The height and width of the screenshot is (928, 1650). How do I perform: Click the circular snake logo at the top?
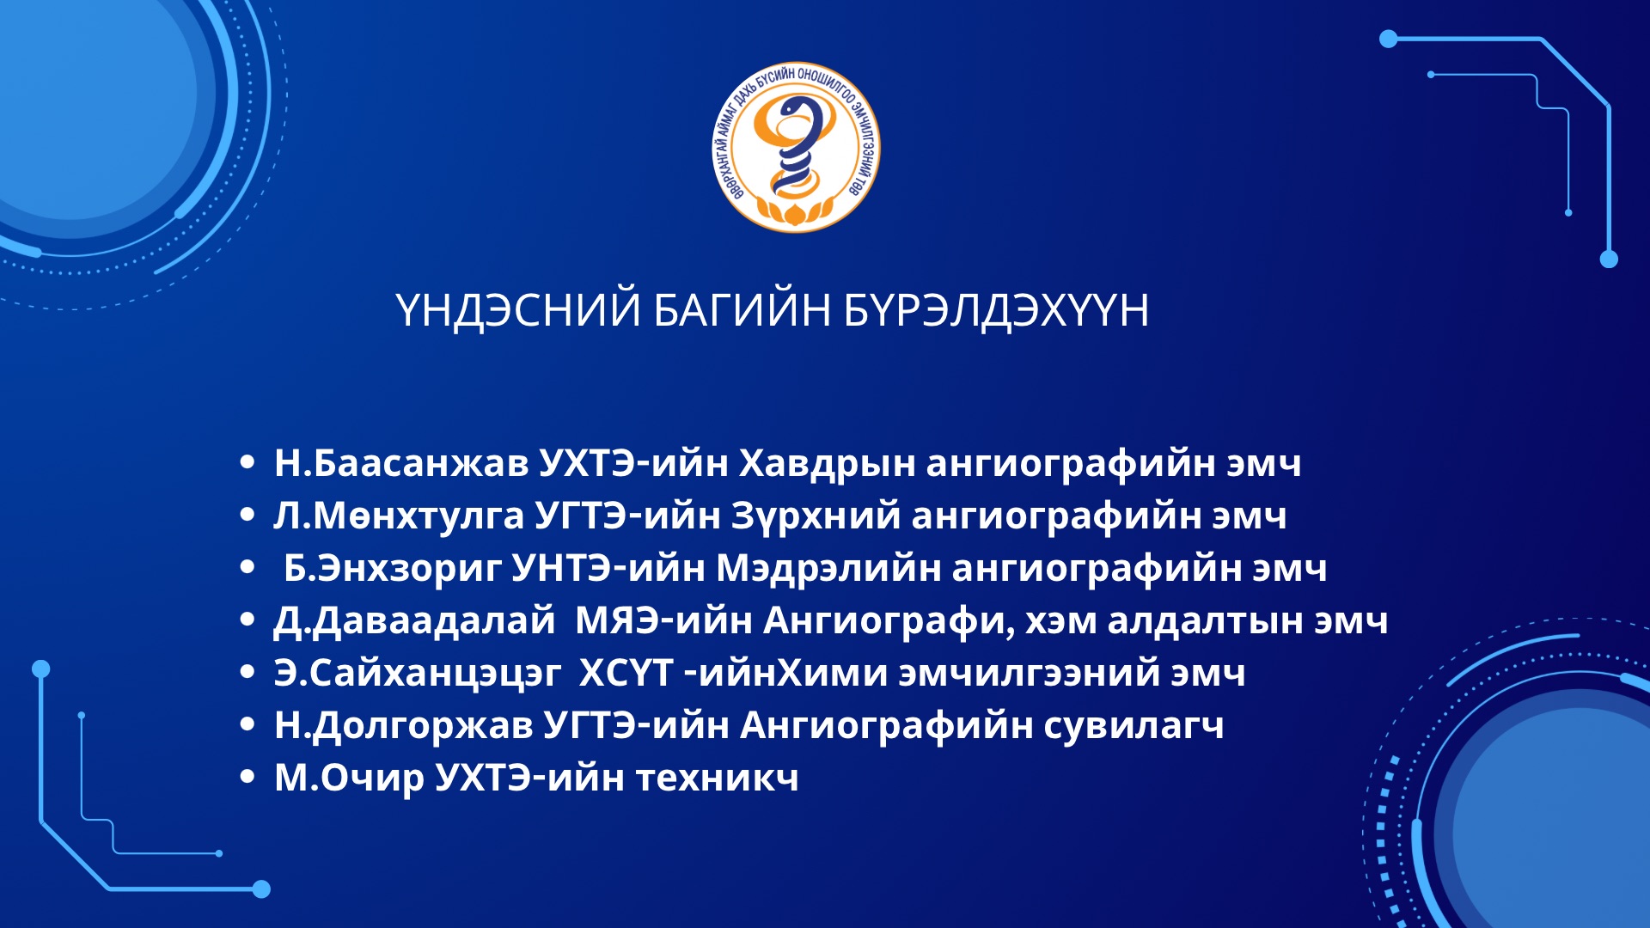pyautogui.click(x=797, y=147)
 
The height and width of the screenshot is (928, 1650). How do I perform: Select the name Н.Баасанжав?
pyautogui.click(x=401, y=463)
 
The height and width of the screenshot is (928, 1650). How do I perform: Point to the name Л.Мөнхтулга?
pyautogui.click(x=399, y=516)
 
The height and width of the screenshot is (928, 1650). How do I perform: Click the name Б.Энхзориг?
pyautogui.click(x=393, y=569)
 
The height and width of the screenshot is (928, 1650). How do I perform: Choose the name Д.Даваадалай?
pyautogui.click(x=414, y=621)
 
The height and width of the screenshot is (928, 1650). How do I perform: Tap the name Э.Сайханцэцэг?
pyautogui.click(x=418, y=674)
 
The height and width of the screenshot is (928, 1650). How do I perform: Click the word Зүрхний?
pyautogui.click(x=816, y=516)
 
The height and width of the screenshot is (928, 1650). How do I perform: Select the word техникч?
pyautogui.click(x=717, y=778)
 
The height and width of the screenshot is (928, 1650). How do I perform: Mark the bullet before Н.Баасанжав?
pyautogui.click(x=247, y=462)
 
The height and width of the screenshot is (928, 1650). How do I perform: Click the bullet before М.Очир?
pyautogui.click(x=247, y=777)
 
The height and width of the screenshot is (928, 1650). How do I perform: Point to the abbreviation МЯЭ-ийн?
pyautogui.click(x=663, y=620)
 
